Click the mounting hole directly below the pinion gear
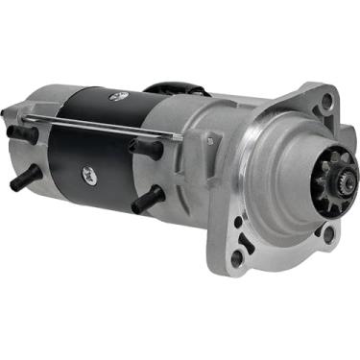(x=328, y=233)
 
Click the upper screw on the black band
(x=119, y=96)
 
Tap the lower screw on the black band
(x=87, y=173)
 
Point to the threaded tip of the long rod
(x=177, y=136)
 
